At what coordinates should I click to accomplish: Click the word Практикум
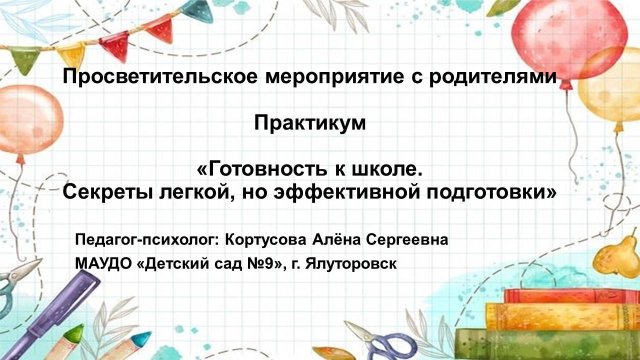click(311, 123)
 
